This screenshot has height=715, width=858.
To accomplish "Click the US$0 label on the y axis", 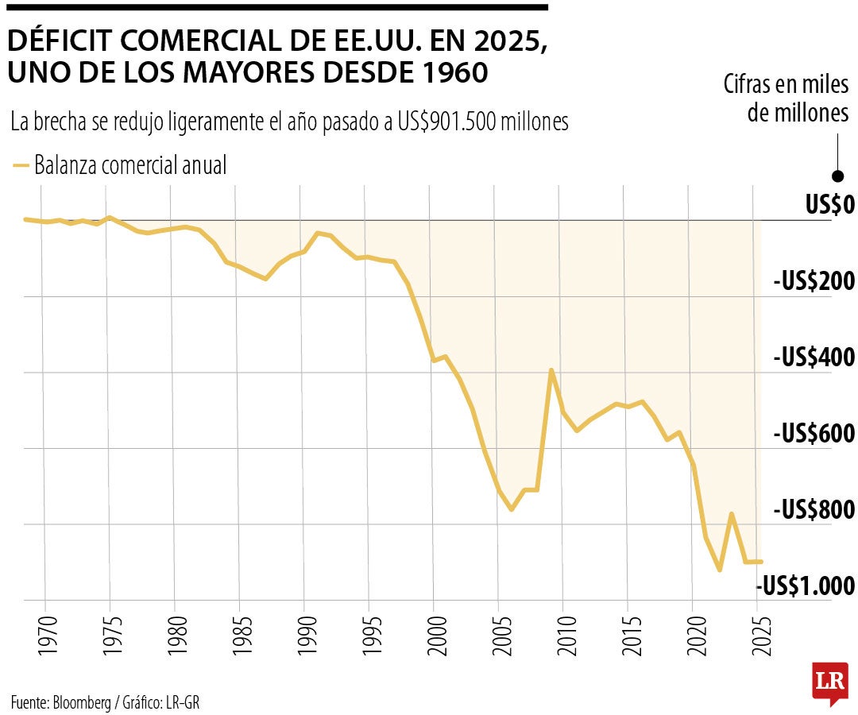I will click(x=829, y=206).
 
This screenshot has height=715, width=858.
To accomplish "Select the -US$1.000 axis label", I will click(x=806, y=586).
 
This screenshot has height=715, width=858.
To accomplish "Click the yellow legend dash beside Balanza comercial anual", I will click(x=21, y=166).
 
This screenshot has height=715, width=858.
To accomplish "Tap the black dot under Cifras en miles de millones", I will click(x=837, y=176).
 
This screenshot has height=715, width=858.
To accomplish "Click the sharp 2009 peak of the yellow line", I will click(x=551, y=370).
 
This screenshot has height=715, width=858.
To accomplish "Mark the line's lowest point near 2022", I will click(x=720, y=570).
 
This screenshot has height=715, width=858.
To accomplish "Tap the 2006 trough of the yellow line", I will click(x=512, y=508).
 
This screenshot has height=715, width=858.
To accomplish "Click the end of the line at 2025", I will click(x=760, y=562).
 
